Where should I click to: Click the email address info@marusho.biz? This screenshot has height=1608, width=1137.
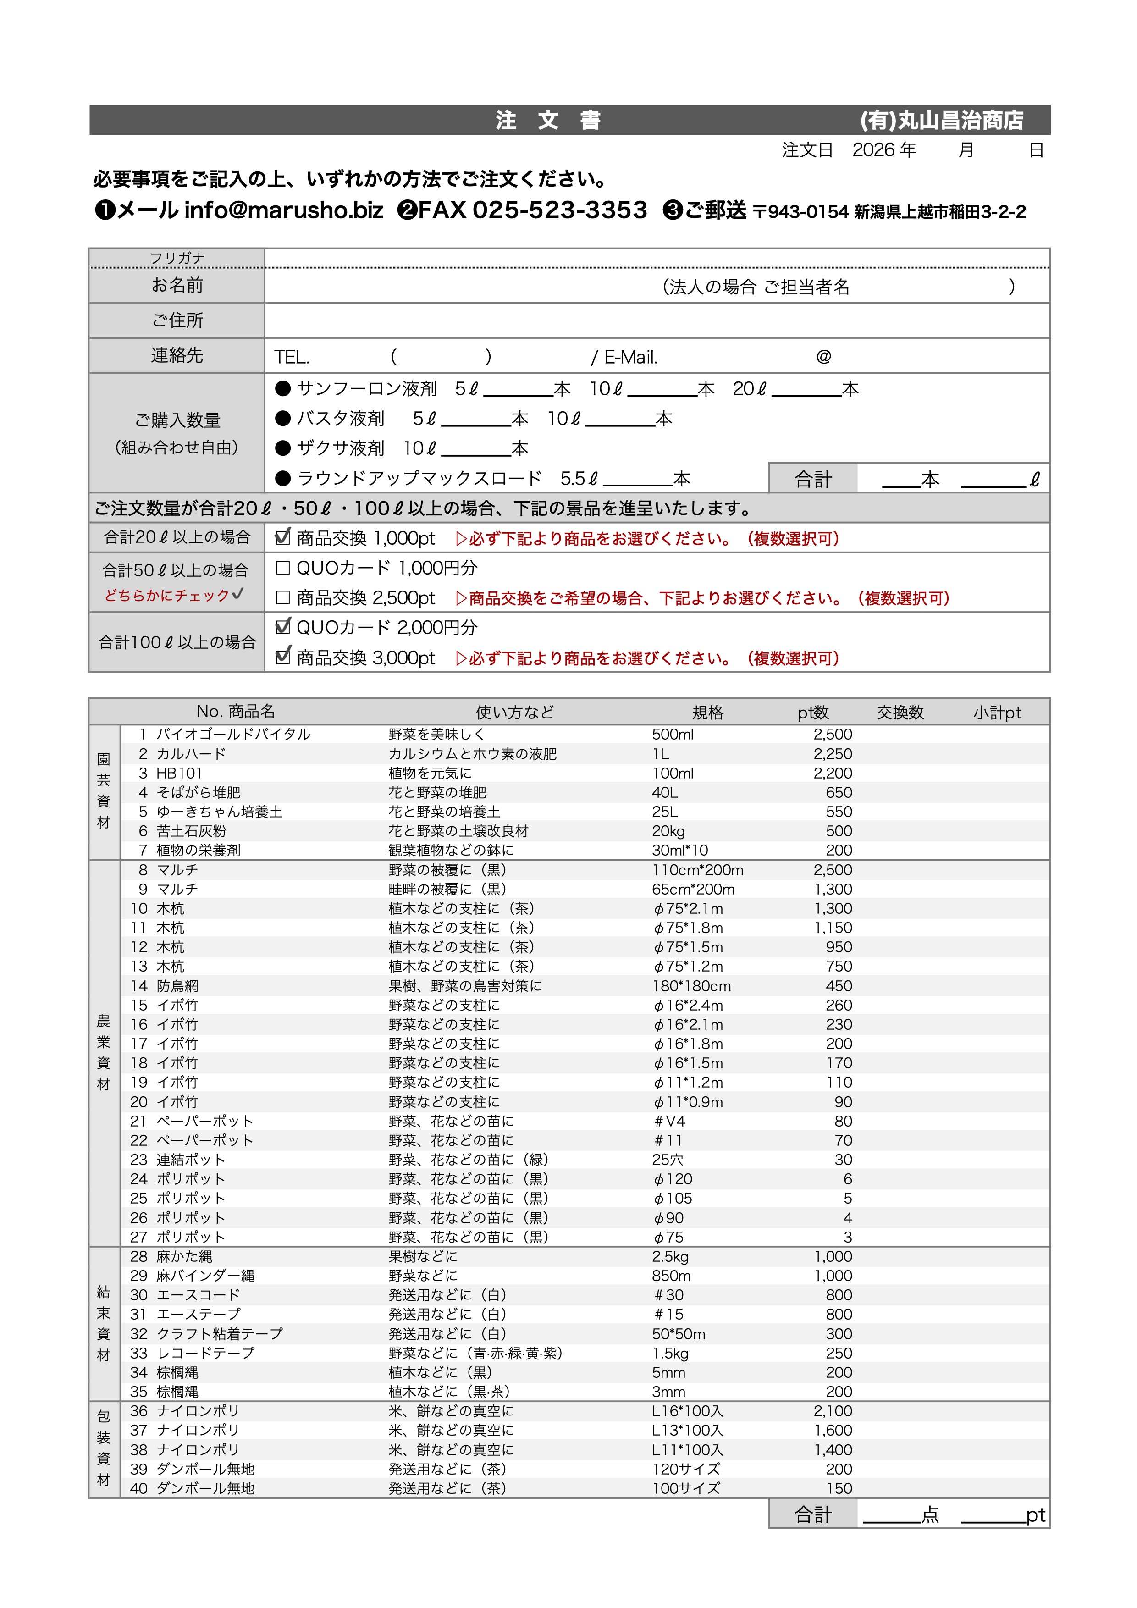283,210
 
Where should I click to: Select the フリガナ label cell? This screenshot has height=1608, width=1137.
177,258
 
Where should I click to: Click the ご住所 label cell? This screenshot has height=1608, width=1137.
177,320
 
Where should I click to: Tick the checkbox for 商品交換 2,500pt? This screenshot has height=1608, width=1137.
283,597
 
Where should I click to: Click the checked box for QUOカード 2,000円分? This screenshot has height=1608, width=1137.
283,626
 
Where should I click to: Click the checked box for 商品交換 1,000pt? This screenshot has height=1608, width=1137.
283,537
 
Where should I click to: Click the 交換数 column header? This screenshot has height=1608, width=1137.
900,712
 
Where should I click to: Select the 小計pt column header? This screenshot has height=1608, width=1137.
997,712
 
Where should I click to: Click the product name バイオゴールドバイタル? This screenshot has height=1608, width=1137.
233,734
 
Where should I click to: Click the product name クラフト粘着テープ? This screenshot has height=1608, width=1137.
219,1333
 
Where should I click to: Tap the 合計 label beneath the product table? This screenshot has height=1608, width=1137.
813,1515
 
